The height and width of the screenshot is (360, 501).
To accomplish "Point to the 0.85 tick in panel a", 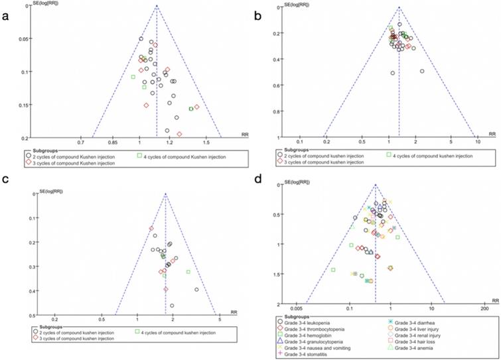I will click(x=113, y=143).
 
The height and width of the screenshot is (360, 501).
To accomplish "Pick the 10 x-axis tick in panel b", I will click(x=477, y=142).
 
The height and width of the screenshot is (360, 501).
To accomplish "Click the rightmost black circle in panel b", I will click(x=422, y=71).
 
